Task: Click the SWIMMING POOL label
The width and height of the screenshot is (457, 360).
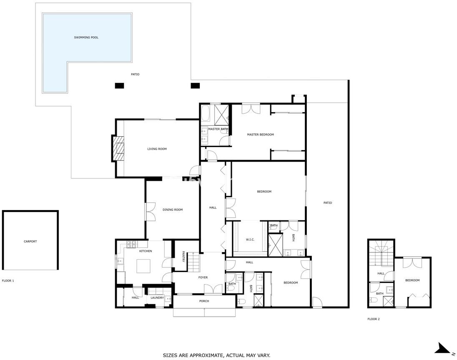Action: click(x=86, y=37)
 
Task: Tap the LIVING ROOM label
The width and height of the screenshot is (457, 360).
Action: click(x=157, y=149)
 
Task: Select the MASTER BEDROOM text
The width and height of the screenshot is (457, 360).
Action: click(x=260, y=135)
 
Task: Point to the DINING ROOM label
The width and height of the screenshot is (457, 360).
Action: click(x=173, y=210)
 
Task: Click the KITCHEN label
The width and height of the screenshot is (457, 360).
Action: click(x=146, y=251)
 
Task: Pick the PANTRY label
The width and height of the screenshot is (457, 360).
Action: click(x=183, y=257)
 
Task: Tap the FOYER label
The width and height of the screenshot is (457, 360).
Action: click(x=203, y=277)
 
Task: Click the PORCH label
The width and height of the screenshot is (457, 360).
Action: click(x=204, y=301)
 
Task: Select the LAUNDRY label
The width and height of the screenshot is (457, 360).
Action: click(x=157, y=298)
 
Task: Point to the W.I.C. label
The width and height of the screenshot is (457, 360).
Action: click(x=250, y=240)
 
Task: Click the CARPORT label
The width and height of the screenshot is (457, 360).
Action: click(x=30, y=241)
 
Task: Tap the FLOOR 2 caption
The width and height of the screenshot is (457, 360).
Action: click(x=373, y=319)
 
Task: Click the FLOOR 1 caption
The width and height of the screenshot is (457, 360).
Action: click(x=8, y=281)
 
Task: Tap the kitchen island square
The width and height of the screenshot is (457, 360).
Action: click(x=144, y=266)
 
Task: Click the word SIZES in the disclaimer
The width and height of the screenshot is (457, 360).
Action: click(x=169, y=355)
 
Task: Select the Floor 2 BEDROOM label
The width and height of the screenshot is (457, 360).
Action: click(x=412, y=280)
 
